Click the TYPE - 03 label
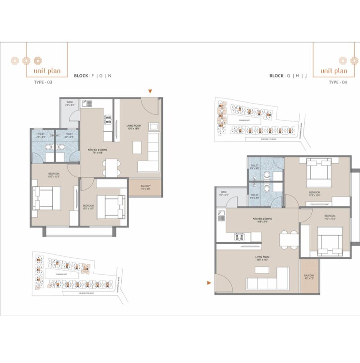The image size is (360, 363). pyautogui.click(x=43, y=83)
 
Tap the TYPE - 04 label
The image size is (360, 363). pyautogui.click(x=338, y=83)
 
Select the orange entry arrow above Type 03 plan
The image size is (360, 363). pyautogui.click(x=150, y=91)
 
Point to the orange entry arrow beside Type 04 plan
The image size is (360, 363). pyautogui.click(x=209, y=283)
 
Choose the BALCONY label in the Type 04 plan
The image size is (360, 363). pyautogui.click(x=309, y=277)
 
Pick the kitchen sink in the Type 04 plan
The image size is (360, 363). pyautogui.click(x=221, y=216)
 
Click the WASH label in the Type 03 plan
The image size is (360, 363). pyautogui.click(x=70, y=103)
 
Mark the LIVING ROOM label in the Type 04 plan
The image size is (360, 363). pyautogui.click(x=256, y=258)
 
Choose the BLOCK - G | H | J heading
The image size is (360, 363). pyautogui.click(x=288, y=76)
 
